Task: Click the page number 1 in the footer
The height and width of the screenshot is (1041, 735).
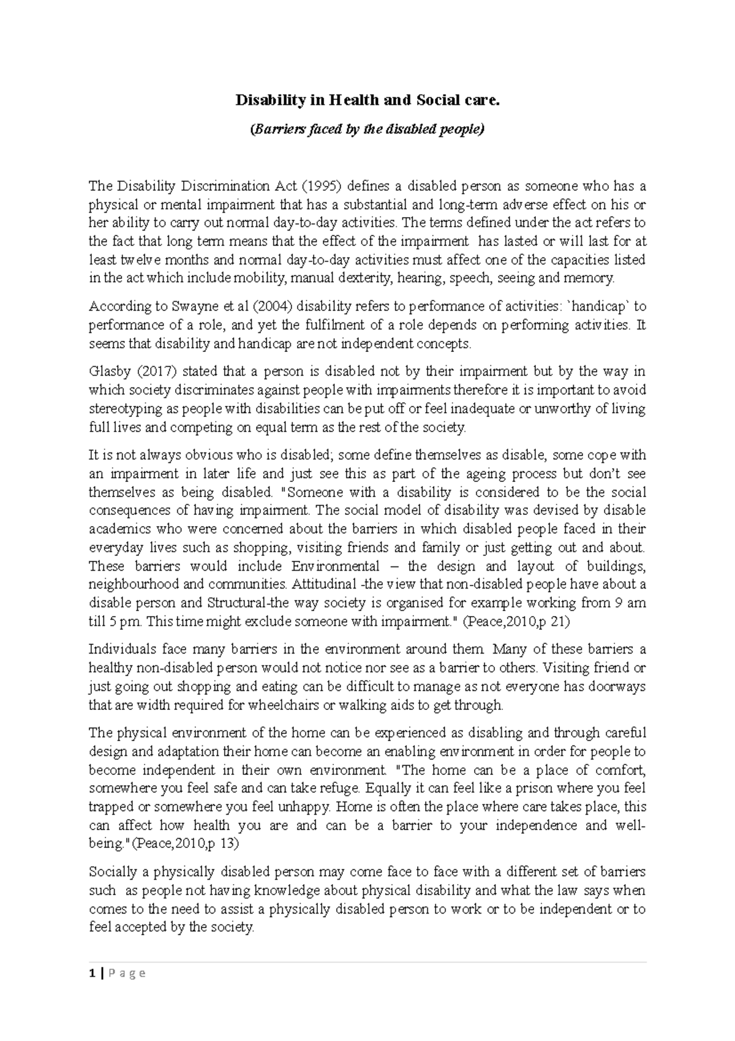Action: point(92,974)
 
